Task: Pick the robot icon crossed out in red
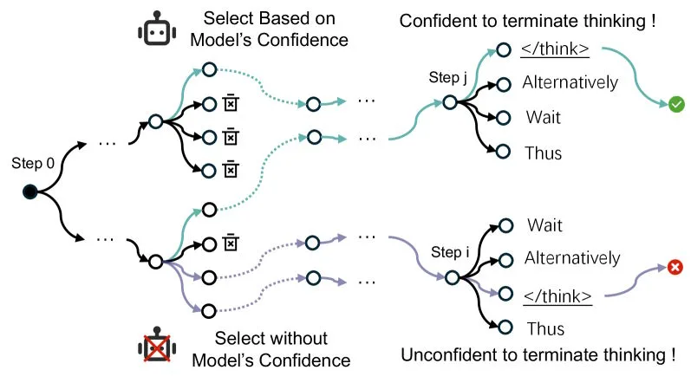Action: [x=156, y=347]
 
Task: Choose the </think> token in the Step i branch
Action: [x=556, y=293]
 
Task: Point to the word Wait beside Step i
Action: [x=545, y=225]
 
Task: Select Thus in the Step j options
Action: [x=544, y=153]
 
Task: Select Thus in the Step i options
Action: [x=544, y=328]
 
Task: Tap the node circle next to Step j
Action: [x=449, y=102]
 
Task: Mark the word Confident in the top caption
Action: [x=434, y=22]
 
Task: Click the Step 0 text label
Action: [x=31, y=162]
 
